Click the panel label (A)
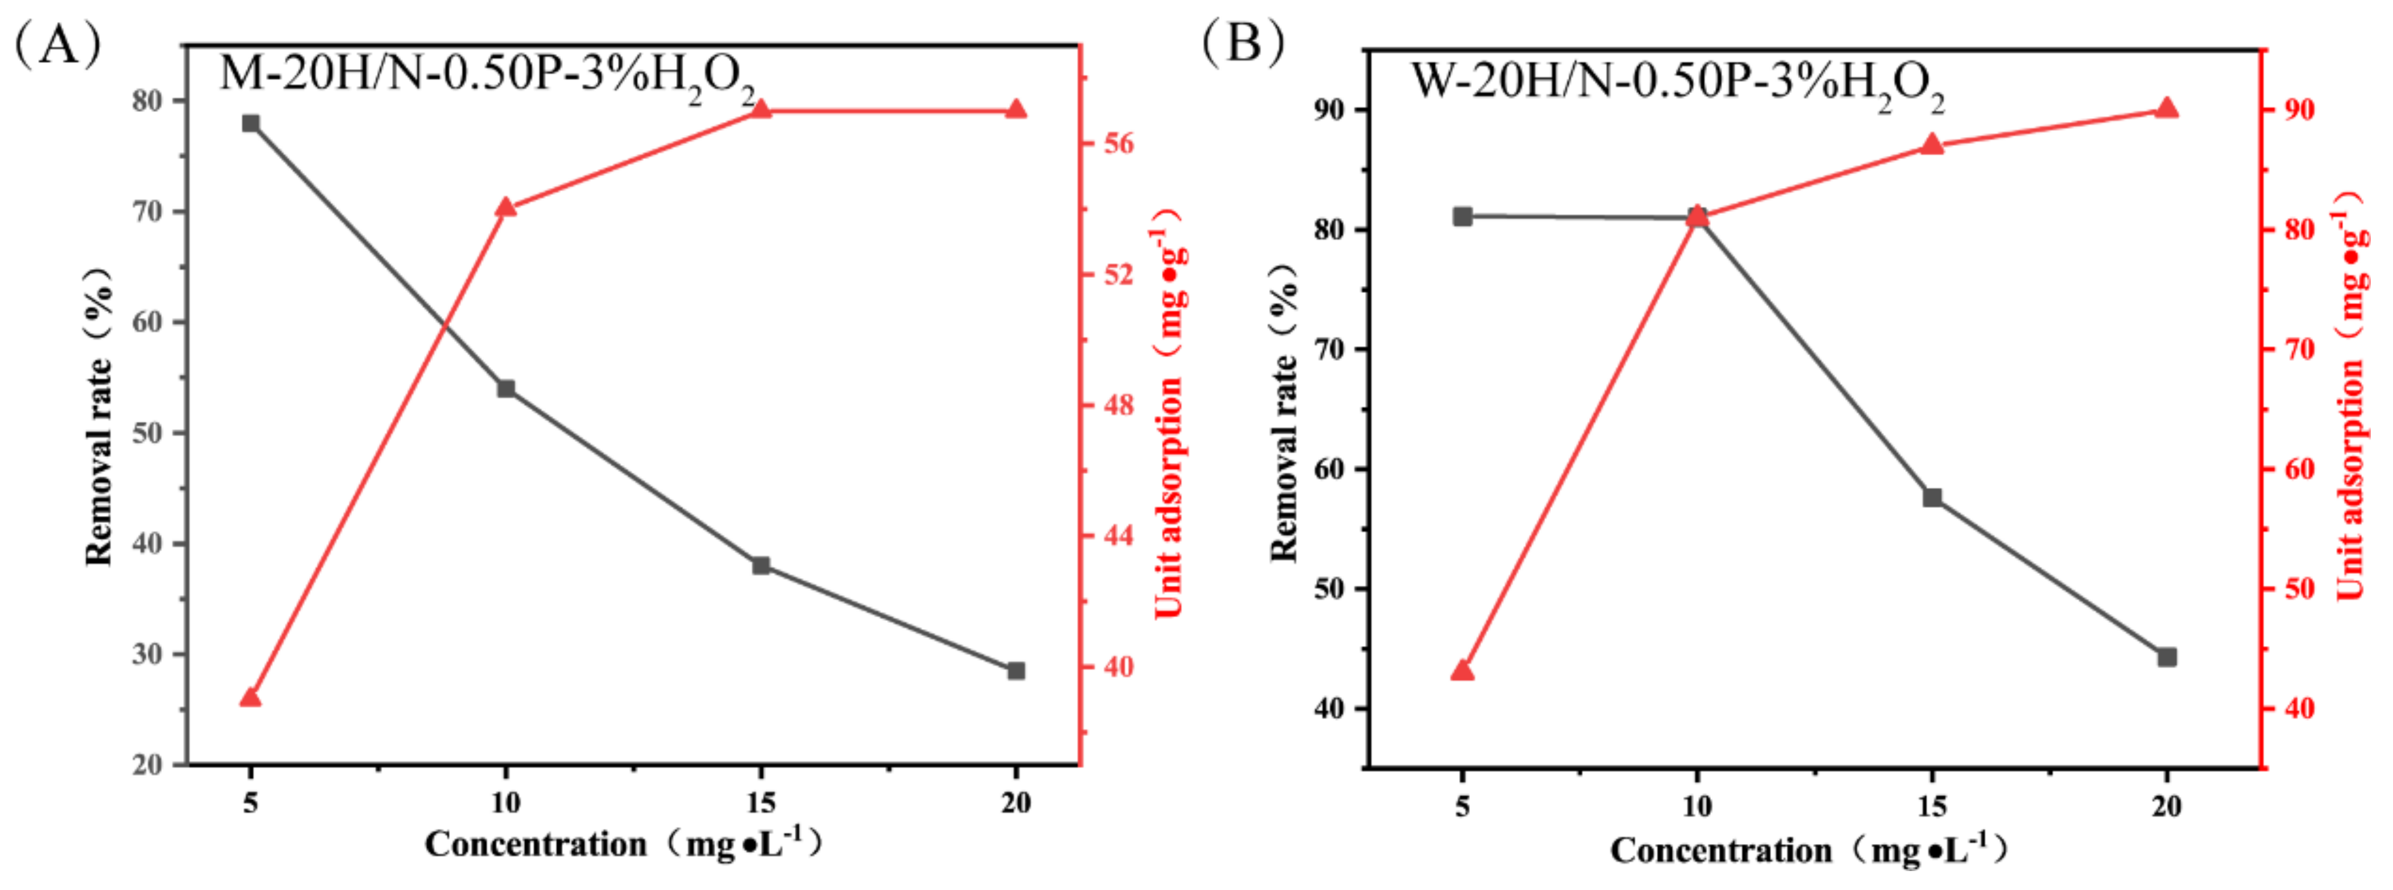pyautogui.click(x=57, y=44)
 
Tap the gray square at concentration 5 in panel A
pyautogui.click(x=251, y=123)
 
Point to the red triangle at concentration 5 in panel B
pyautogui.click(x=1462, y=670)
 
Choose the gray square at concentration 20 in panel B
pyautogui.click(x=2166, y=657)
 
